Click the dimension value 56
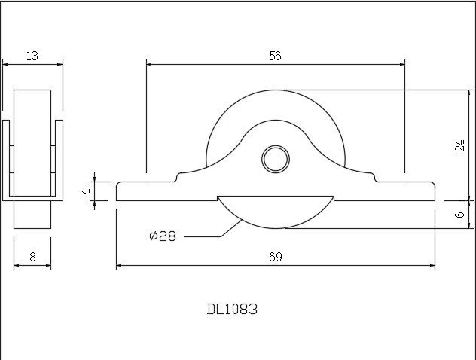point(276,55)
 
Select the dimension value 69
point(275,257)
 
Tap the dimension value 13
point(32,55)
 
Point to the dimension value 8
point(32,257)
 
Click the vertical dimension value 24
point(460,145)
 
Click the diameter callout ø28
point(163,236)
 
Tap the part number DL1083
point(232,309)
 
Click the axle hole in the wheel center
point(275,159)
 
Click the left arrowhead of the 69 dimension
point(120,266)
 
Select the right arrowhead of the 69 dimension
point(433,266)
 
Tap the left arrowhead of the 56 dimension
point(149,64)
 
